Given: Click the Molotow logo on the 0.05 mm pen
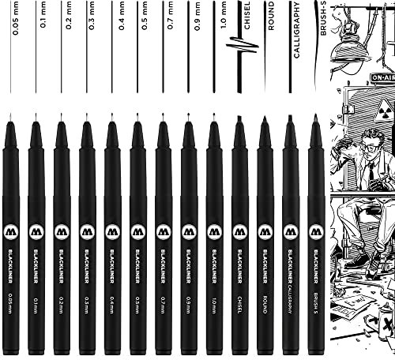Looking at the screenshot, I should [9, 233].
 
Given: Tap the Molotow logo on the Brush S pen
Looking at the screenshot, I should [315, 233].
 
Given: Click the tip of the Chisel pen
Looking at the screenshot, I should [239, 119].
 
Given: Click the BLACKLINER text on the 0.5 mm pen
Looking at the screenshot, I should [138, 272].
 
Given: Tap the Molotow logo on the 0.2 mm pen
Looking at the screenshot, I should [61, 233].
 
